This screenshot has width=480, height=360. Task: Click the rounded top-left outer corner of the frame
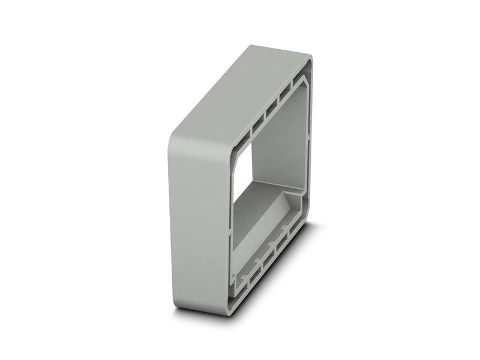[x=176, y=137]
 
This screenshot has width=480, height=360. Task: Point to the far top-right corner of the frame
[x=309, y=58]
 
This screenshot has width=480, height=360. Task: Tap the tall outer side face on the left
[x=198, y=222]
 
